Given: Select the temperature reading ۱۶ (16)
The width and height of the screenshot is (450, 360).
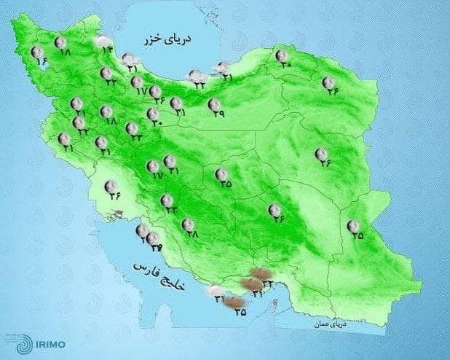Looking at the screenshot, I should [41, 63].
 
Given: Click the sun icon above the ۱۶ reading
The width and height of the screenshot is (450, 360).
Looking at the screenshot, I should [37, 52].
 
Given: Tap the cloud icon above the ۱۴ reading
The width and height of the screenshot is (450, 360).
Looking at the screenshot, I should [104, 41].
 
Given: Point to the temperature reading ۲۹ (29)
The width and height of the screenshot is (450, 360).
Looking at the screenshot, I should [218, 114].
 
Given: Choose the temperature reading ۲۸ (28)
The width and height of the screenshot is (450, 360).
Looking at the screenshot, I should [193, 234].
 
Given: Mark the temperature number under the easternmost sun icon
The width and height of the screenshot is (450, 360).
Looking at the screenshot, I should [357, 236].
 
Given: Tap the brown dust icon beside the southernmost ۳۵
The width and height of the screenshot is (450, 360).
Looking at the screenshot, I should [232, 303].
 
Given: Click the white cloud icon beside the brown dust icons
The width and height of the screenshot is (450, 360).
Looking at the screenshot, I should [216, 291].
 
